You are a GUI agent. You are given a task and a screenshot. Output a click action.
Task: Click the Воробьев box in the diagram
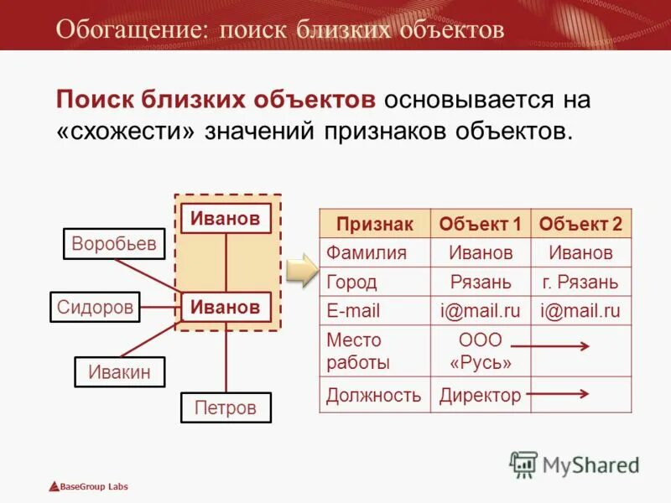[x=114, y=244]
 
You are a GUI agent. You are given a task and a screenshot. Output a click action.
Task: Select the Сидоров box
[x=95, y=307]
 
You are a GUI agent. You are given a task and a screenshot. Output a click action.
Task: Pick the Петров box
[x=225, y=408]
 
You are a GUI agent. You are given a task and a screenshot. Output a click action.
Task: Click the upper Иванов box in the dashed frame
[x=226, y=219]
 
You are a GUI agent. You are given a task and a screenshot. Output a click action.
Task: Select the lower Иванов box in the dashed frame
[x=226, y=307]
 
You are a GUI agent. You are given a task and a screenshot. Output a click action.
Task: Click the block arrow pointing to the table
[x=300, y=270]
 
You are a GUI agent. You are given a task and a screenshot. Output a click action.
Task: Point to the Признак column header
[x=375, y=224]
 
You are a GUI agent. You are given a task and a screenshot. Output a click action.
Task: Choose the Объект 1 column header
[x=481, y=224]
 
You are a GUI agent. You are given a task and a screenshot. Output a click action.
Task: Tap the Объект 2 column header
[x=580, y=224]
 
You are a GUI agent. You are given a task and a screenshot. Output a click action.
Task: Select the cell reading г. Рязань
[x=580, y=282]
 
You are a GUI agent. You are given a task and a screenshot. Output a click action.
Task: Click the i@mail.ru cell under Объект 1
[x=481, y=311]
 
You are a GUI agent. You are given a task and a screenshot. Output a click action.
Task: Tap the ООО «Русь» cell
[x=481, y=351]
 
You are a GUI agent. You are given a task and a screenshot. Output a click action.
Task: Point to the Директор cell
[x=481, y=395]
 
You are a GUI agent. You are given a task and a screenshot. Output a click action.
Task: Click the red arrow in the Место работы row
[x=550, y=345]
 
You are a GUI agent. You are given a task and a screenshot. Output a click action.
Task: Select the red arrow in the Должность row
[x=558, y=392]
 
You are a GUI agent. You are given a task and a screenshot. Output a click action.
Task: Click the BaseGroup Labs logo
[x=88, y=486]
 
